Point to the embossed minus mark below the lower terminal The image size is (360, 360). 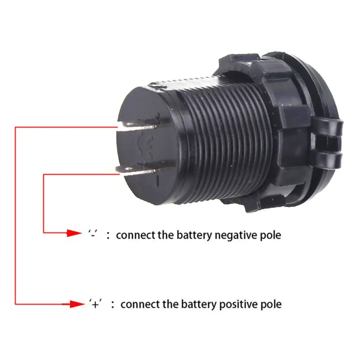tap(157, 181)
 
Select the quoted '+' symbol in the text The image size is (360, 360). tap(95, 304)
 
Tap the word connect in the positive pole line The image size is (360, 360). tap(138, 304)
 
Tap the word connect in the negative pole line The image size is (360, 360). tap(133, 235)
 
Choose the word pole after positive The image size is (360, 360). tap(271, 304)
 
